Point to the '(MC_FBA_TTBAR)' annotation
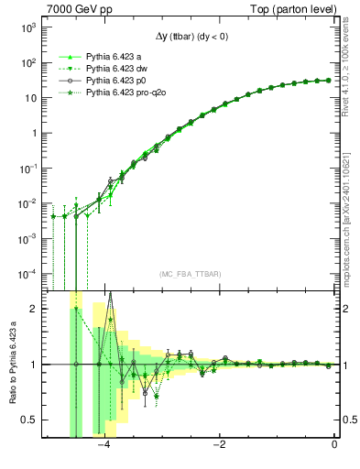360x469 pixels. (x=191, y=275)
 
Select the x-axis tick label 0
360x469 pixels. (x=334, y=446)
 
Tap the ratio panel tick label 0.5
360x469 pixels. (x=30, y=420)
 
